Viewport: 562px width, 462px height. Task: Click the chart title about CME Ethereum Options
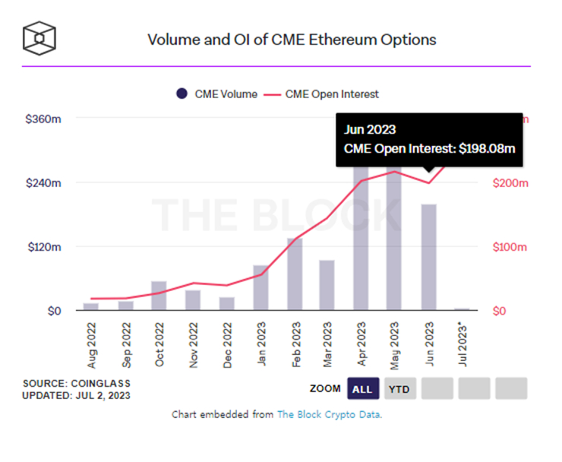[x=292, y=40]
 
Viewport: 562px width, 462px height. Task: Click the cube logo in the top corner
[x=39, y=36]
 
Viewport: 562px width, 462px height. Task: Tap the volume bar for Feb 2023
[x=295, y=274]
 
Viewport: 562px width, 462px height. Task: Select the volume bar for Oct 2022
[x=159, y=296]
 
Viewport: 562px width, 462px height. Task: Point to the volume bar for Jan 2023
[x=260, y=288]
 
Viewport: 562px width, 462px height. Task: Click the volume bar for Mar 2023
[x=327, y=285]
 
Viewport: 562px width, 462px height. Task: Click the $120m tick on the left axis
[x=43, y=247]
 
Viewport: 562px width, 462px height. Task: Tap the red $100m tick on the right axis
[x=510, y=247]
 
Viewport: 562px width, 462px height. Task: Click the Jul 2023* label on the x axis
[x=461, y=346]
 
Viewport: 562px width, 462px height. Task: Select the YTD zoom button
[x=399, y=389]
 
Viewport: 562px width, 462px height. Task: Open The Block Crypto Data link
[x=330, y=414]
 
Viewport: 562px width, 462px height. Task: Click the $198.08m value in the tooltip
[x=487, y=149]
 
